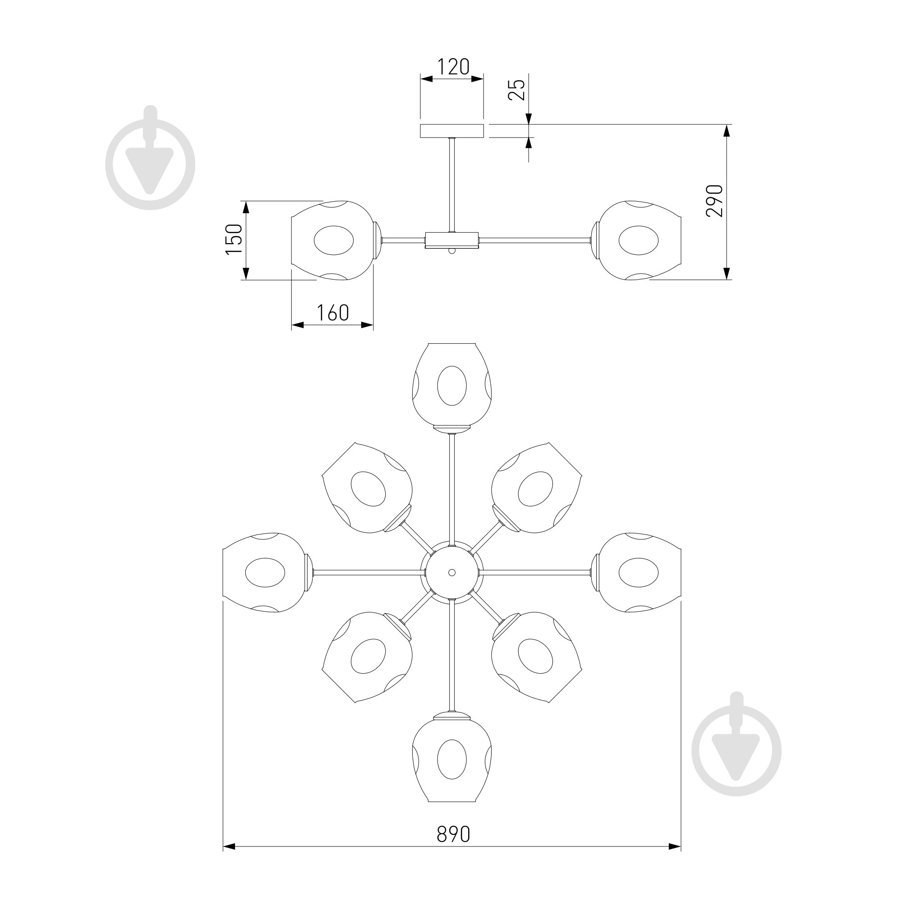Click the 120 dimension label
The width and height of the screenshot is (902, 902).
(453, 67)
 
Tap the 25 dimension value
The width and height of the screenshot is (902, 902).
(516, 90)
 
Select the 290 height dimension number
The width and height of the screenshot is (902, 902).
(714, 201)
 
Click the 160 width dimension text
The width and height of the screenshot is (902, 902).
(333, 313)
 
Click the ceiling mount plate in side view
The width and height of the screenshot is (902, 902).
(451, 131)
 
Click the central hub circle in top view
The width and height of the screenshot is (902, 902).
(451, 572)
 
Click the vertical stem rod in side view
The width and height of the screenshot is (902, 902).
(451, 185)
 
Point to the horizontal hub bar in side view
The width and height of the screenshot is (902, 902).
(451, 240)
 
